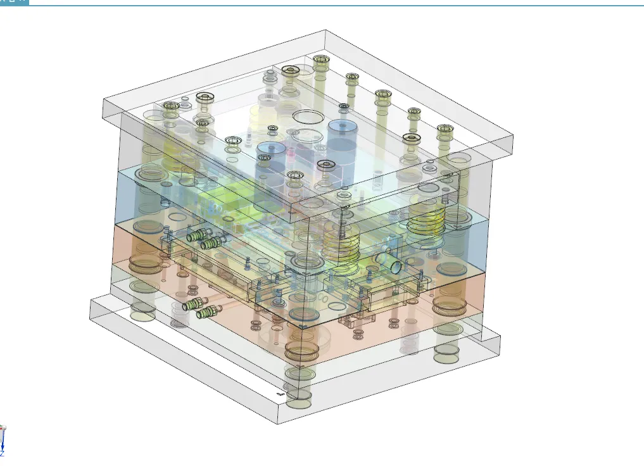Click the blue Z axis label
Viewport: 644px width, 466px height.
(x=2, y=454)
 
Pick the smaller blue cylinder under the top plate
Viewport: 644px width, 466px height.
(x=270, y=154)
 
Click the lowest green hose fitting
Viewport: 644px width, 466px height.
(x=206, y=313)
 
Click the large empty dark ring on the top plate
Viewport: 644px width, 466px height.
(x=308, y=117)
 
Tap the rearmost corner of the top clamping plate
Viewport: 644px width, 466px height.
(x=325, y=30)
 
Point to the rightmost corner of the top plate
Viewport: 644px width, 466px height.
(x=512, y=135)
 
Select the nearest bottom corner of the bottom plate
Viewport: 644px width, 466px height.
(x=278, y=424)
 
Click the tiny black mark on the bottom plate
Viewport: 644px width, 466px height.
(x=281, y=393)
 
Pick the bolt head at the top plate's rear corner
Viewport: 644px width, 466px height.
(x=321, y=60)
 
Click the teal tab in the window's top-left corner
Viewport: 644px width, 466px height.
(x=14, y=2)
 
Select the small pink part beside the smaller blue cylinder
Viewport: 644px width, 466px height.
(x=293, y=151)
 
